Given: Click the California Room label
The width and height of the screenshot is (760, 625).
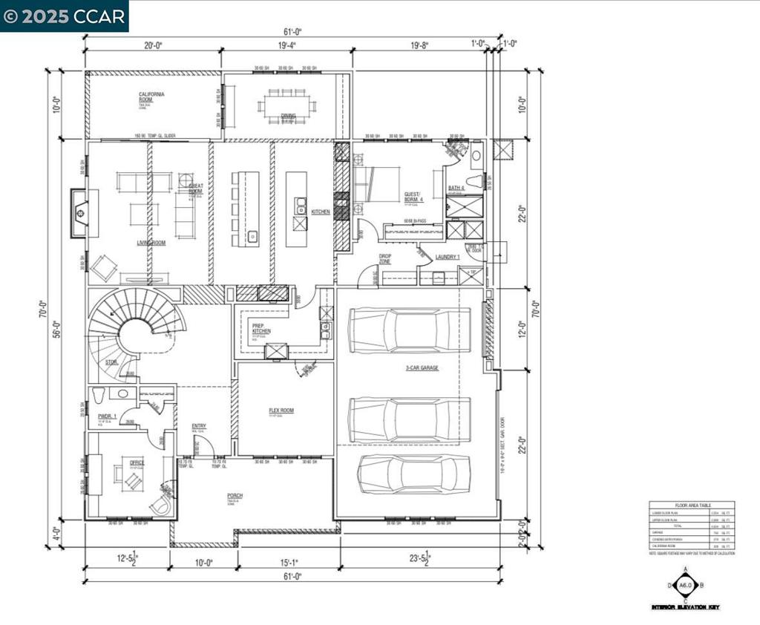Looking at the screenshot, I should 151,97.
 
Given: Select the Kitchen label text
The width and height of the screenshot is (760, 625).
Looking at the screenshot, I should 321,212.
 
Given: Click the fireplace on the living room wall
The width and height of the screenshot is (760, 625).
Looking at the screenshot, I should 80,213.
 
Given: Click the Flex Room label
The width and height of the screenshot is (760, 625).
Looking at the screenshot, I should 281,410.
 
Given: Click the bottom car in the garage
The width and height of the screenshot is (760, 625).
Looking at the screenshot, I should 413,473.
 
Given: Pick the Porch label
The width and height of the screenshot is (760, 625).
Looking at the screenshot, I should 235,496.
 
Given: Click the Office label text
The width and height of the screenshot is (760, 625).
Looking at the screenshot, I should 137,462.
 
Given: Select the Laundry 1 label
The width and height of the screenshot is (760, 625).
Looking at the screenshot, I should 448,257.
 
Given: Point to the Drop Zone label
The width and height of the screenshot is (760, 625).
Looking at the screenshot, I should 385,258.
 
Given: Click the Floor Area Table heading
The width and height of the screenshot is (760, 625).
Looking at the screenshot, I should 692,505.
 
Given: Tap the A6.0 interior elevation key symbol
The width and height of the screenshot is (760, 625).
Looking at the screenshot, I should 685,585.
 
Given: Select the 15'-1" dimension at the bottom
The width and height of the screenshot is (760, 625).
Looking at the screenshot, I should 289,562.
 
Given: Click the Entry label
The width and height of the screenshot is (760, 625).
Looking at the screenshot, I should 198,426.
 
